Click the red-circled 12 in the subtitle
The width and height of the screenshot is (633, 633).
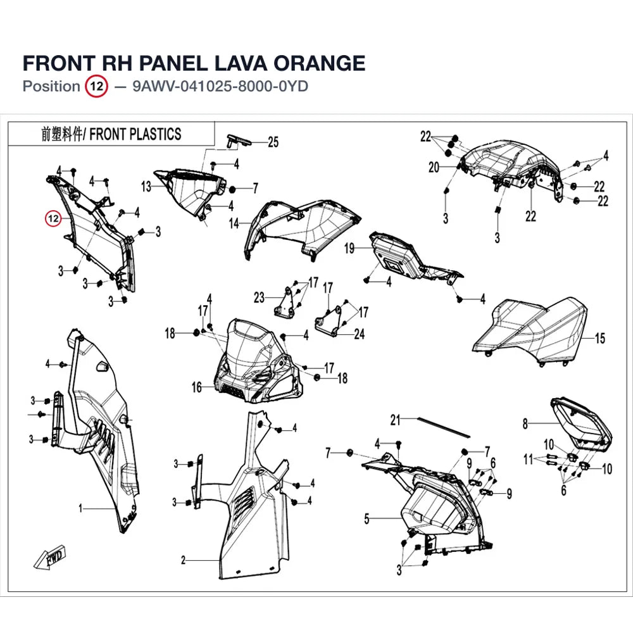96,86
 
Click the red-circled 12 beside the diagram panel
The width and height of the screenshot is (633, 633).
53,219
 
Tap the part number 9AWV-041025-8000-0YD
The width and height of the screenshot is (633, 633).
220,86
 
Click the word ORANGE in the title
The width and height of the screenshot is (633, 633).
319,63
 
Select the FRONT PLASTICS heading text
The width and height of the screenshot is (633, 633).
135,134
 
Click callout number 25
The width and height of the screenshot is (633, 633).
273,142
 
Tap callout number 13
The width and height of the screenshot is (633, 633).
146,187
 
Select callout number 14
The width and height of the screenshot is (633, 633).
234,223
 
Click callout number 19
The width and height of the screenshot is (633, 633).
349,248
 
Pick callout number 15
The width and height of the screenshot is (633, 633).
600,338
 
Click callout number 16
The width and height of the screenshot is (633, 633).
197,387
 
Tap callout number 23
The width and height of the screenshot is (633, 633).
259,298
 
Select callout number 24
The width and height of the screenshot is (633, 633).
360,334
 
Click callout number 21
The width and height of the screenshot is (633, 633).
395,420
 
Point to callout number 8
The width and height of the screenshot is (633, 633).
525,423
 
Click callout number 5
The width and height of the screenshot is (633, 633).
367,519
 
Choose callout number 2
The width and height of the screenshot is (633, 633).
184,560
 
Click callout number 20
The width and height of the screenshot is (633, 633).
434,167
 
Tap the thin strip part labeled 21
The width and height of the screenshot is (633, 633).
444,427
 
